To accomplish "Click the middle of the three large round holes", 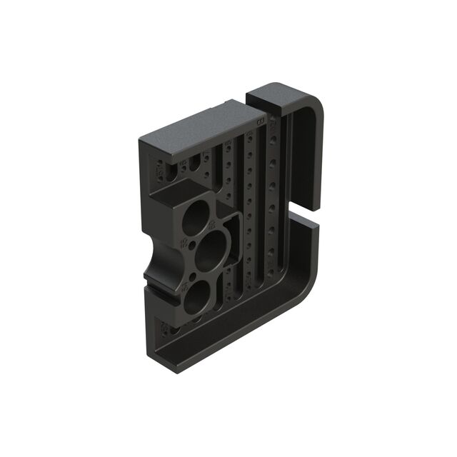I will pyautogui.click(x=212, y=251).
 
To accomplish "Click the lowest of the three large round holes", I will pyautogui.click(x=195, y=294).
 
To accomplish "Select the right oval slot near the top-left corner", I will pyautogui.click(x=194, y=166).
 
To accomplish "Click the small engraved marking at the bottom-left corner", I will pyautogui.click(x=166, y=329).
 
